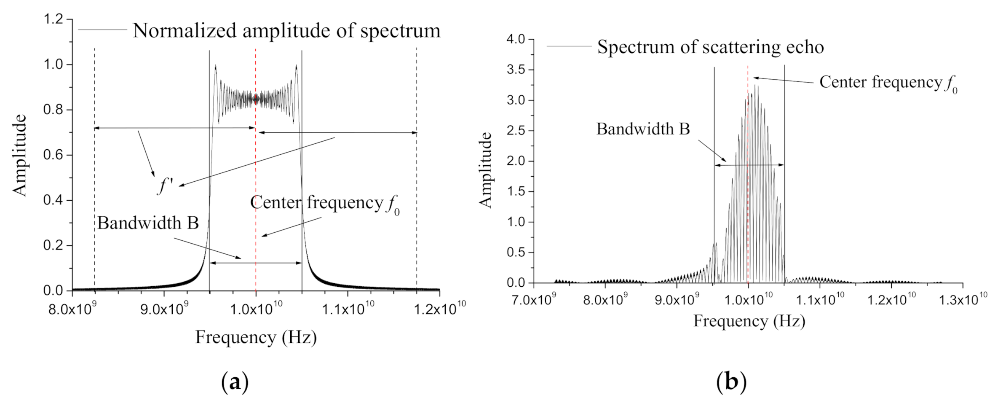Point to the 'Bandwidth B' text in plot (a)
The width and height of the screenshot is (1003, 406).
(x=148, y=223)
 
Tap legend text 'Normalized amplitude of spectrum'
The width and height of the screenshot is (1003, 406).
(x=286, y=30)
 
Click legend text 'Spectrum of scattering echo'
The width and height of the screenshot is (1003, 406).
(x=710, y=47)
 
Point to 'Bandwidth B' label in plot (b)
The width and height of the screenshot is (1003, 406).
(x=643, y=129)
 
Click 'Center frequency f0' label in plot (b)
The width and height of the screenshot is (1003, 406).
(x=888, y=83)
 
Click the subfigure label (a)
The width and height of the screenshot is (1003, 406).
(x=235, y=382)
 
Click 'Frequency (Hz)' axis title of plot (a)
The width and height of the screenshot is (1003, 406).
(x=256, y=337)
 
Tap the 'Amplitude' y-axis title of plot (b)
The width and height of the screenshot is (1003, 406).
(x=486, y=170)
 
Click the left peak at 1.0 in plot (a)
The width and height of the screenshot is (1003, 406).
(x=215, y=66)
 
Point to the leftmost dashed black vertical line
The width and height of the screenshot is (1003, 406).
(x=94, y=169)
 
